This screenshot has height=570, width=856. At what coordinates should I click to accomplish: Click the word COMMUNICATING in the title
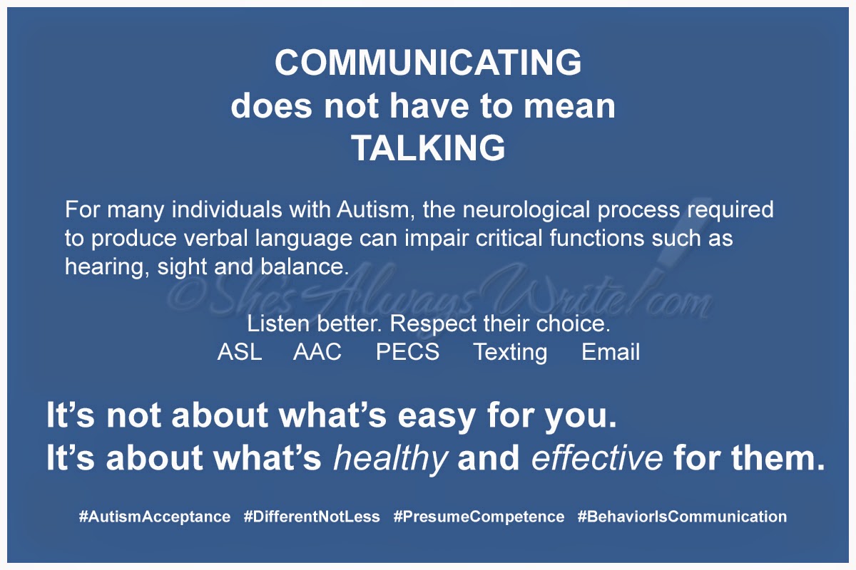(x=428, y=63)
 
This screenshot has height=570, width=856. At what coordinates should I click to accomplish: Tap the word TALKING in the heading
(x=429, y=147)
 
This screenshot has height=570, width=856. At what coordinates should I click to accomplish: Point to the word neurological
(x=526, y=210)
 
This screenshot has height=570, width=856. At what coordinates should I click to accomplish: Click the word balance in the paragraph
(x=305, y=266)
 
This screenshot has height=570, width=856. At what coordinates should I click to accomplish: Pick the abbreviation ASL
(x=240, y=352)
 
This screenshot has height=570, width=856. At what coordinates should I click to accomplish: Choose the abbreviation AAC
(x=317, y=352)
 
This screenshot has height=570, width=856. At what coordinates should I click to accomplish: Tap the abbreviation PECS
(x=408, y=352)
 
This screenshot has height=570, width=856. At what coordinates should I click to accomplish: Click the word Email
(x=611, y=352)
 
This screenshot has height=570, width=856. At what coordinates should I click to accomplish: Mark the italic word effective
(x=597, y=457)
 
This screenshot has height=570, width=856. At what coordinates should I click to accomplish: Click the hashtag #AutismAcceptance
(x=155, y=517)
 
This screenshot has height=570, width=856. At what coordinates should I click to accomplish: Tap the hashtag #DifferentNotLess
(x=312, y=517)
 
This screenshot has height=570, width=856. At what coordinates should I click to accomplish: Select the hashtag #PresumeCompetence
(x=479, y=517)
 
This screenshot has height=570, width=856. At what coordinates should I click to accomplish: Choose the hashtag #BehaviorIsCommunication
(x=682, y=517)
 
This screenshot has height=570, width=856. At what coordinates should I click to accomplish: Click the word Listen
(x=278, y=323)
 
